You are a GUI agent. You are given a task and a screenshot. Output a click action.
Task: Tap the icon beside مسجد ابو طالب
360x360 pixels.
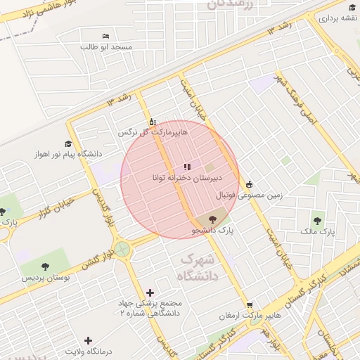coord(106,36)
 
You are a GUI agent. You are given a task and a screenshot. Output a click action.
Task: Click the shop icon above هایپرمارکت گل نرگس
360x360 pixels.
coord(153,121)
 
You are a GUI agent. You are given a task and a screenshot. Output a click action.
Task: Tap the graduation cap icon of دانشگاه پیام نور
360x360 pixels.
coord(69,143)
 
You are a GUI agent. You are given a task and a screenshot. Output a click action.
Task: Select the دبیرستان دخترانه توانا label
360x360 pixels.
coord(187,178)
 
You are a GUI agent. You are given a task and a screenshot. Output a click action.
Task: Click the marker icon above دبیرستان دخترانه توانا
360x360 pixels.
coord(186,167)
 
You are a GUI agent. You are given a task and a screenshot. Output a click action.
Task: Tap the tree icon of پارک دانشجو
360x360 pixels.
coord(212,219)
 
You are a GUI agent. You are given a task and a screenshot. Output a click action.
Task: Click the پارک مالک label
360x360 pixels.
coord(318,231)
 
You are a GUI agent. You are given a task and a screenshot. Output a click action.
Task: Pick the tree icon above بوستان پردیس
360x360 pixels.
coord(46,267)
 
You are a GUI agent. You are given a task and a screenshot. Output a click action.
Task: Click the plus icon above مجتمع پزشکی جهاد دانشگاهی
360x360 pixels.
coord(150,292)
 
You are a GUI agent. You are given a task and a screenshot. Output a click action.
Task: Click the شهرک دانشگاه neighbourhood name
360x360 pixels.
coord(200,267)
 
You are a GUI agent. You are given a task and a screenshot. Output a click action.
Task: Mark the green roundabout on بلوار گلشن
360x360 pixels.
coord(123,249)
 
